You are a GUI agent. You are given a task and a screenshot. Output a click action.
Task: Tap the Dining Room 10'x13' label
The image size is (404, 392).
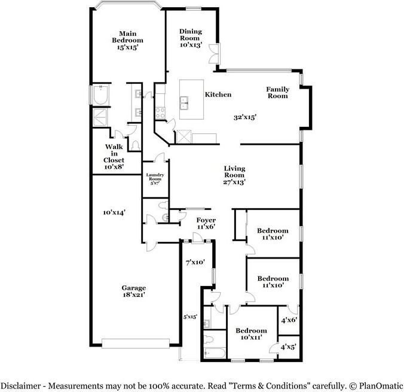191,38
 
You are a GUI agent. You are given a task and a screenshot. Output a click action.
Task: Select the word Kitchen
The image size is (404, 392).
218,95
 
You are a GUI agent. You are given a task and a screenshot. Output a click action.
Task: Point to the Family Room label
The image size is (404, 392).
278,93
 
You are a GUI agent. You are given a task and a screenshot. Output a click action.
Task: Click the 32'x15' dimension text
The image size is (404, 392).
245,118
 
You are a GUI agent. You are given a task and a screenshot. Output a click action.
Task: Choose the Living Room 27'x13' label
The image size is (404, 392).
235,175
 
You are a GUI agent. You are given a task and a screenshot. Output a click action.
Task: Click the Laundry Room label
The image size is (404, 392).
155,178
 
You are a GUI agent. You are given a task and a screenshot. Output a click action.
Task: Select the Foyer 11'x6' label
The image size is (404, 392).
206,223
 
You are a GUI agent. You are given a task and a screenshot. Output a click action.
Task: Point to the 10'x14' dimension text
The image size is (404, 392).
114,212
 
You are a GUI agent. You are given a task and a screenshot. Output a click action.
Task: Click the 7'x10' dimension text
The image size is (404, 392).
195,262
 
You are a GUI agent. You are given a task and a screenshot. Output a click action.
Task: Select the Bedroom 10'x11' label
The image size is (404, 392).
250,335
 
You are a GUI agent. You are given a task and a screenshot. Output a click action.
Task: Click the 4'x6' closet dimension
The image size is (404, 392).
289,320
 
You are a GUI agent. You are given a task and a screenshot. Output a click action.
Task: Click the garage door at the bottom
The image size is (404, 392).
140,343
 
